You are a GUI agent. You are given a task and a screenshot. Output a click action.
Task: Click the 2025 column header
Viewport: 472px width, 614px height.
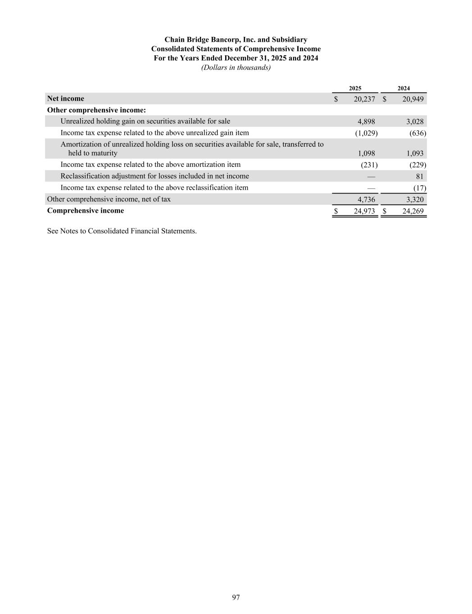click(x=355, y=89)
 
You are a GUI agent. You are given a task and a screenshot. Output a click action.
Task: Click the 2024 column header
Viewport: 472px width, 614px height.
click(x=404, y=89)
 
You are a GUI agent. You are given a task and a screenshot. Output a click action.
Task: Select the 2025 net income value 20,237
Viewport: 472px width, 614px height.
click(x=364, y=99)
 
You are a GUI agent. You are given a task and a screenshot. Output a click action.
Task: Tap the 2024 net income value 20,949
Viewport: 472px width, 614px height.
click(x=412, y=99)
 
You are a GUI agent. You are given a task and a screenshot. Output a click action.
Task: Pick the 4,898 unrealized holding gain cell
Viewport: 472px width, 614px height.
click(x=366, y=121)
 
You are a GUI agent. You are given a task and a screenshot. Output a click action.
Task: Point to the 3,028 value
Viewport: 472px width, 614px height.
click(x=414, y=121)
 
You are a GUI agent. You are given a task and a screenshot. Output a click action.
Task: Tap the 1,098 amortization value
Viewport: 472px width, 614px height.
click(x=366, y=153)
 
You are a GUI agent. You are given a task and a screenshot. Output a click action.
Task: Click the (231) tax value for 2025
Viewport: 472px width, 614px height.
click(x=369, y=165)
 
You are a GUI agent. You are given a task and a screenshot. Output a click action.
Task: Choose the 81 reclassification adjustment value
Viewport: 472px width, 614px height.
click(x=419, y=176)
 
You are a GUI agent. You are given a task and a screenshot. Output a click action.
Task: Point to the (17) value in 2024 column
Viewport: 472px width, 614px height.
click(x=419, y=188)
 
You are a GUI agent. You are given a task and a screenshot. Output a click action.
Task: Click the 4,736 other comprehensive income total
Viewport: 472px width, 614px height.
click(x=366, y=199)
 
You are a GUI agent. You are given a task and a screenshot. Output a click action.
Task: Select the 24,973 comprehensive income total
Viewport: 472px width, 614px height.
click(x=364, y=211)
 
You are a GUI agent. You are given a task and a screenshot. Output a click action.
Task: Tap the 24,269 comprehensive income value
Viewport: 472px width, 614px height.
click(x=412, y=211)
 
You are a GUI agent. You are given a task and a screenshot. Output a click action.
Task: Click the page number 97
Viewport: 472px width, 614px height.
click(x=236, y=597)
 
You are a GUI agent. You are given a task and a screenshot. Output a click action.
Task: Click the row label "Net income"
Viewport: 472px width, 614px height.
click(x=65, y=99)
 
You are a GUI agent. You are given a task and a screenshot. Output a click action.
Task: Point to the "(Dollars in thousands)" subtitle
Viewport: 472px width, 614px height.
click(x=236, y=67)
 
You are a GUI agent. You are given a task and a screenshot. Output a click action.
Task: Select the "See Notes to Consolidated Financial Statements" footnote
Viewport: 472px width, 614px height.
click(x=122, y=231)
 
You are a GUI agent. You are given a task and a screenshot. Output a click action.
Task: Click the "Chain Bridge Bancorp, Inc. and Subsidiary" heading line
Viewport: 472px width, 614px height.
click(x=236, y=40)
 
